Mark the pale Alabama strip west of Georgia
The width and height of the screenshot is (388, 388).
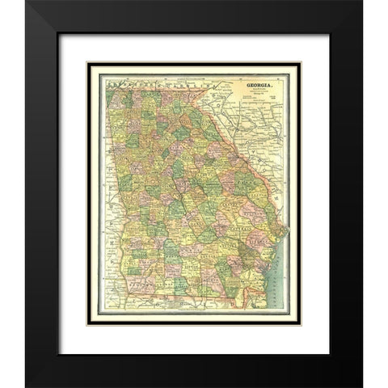coord(104,202)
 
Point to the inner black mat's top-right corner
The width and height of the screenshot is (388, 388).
coord(301,63)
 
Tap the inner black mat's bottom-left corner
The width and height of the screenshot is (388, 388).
coord(87,325)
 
